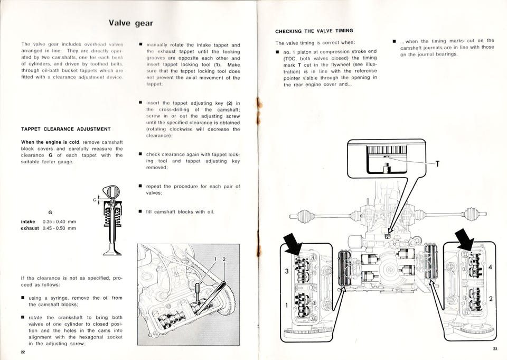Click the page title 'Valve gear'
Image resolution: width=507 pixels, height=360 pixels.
point(130,23)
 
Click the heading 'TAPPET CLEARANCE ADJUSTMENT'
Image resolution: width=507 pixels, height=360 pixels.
point(65,129)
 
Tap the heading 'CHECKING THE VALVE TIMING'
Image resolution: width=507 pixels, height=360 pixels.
point(314,31)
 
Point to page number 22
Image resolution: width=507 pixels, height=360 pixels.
point(23,352)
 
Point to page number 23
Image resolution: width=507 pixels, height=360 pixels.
point(494,348)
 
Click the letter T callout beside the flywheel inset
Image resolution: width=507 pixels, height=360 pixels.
point(437,164)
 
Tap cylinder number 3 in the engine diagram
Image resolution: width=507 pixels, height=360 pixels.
point(287,271)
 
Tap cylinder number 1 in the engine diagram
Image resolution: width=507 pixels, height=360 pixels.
point(287,305)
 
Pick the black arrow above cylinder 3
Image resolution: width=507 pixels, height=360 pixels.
point(294,245)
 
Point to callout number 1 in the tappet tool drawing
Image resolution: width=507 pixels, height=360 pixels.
point(215,259)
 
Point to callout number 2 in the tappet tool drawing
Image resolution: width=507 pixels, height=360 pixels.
point(224,259)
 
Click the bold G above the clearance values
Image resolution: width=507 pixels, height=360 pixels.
point(49,212)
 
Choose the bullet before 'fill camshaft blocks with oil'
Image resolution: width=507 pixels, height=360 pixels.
point(140,212)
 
